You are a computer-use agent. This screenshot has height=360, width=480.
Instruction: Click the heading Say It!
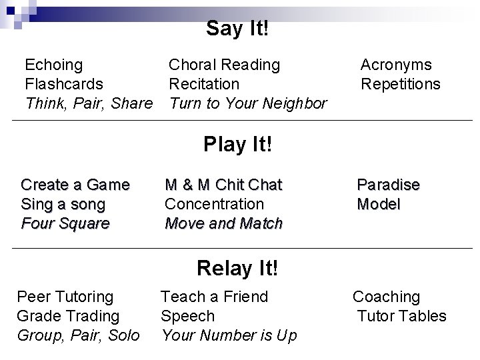point(237,29)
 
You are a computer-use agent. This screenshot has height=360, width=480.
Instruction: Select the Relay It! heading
point(237,268)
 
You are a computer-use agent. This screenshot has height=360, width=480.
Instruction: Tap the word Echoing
point(53,65)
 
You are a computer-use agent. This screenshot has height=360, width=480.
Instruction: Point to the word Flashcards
point(63,84)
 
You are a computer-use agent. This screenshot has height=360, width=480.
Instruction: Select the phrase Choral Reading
point(224,65)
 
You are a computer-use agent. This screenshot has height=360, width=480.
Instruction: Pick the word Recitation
point(203,84)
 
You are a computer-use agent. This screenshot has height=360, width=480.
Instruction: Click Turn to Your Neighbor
point(247,103)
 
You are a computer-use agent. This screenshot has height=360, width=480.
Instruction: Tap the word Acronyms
point(396,65)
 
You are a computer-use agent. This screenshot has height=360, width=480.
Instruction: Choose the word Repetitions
point(401,84)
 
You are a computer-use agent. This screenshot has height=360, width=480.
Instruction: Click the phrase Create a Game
point(75,184)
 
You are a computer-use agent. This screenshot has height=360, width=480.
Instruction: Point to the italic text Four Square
point(65,223)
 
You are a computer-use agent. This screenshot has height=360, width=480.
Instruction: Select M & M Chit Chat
point(223,184)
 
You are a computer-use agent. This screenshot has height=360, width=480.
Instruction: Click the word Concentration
point(214,203)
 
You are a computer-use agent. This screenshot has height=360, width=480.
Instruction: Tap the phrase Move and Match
point(223,223)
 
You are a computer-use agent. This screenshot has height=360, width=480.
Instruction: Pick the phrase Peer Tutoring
point(65,296)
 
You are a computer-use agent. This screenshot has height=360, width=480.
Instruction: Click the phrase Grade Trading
point(68,315)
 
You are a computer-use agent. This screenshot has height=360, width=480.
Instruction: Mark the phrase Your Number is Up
point(229,335)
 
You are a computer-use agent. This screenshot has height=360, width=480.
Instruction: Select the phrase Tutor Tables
point(401,315)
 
